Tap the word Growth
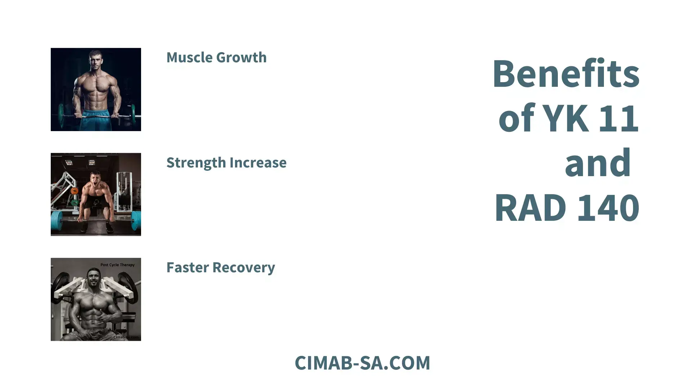tap(241, 58)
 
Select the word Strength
tap(196, 163)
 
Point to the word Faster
tap(187, 268)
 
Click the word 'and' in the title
tap(598, 163)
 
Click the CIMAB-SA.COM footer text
tap(362, 363)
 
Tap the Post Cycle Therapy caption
tap(117, 265)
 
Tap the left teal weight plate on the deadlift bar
tap(57, 220)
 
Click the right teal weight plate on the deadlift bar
tap(136, 220)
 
